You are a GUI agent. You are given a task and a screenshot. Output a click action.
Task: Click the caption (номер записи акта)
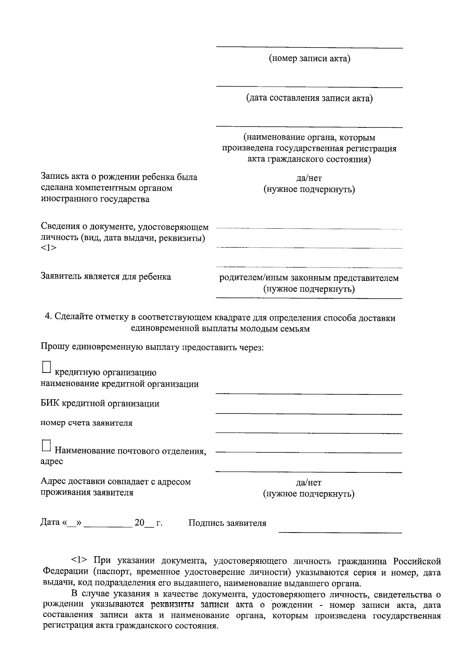[x=310, y=59]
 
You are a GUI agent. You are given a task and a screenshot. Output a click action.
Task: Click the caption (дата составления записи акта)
[x=310, y=98]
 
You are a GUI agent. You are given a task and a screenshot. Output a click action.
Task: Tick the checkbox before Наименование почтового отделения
[x=46, y=445]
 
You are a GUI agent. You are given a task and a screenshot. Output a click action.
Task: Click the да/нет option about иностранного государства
[x=309, y=178]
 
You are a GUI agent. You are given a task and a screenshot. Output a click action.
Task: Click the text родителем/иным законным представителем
[x=309, y=278]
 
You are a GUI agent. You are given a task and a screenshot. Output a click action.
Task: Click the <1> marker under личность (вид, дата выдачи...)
[x=49, y=248]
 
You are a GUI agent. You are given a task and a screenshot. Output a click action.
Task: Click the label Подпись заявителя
[x=227, y=523]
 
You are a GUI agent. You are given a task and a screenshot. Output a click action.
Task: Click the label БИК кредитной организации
[x=100, y=404]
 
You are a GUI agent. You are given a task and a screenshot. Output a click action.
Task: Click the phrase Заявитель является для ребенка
[x=106, y=277]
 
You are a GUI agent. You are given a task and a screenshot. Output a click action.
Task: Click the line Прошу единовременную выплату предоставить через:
[x=152, y=347]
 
